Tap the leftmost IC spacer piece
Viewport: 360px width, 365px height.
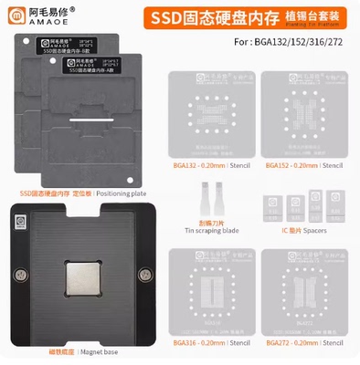tap(273, 205)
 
